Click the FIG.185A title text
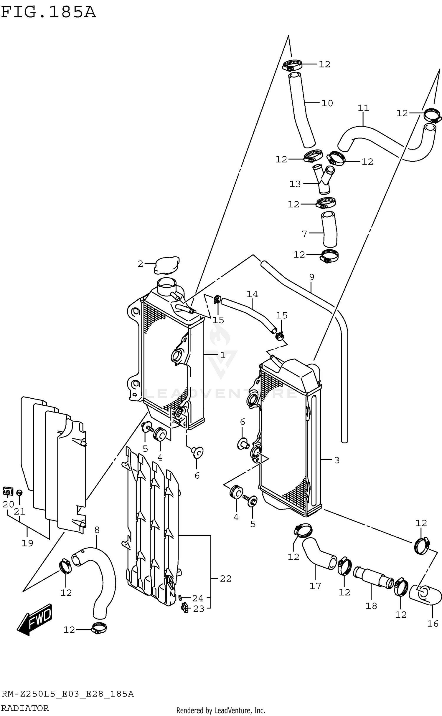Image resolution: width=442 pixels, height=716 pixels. point(49,12)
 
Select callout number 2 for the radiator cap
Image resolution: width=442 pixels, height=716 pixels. point(141,264)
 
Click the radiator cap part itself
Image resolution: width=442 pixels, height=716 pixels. point(167,265)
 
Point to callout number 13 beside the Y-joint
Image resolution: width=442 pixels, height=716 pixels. point(295,184)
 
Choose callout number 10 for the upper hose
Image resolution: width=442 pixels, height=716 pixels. point(327,103)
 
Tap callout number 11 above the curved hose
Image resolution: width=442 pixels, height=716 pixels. point(363,108)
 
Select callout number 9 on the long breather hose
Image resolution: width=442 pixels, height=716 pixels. point(312,277)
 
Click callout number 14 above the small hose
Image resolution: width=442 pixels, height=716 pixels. point(252,294)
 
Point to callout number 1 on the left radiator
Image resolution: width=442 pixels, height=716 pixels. point(223,355)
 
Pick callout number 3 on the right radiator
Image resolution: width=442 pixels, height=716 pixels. point(337,460)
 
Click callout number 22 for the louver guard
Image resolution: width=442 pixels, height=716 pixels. point(226,579)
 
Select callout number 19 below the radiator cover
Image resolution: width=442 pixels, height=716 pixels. point(27,543)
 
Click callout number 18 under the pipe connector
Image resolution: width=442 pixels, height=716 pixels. point(371,606)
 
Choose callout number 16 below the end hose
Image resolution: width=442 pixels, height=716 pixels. point(433,624)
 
